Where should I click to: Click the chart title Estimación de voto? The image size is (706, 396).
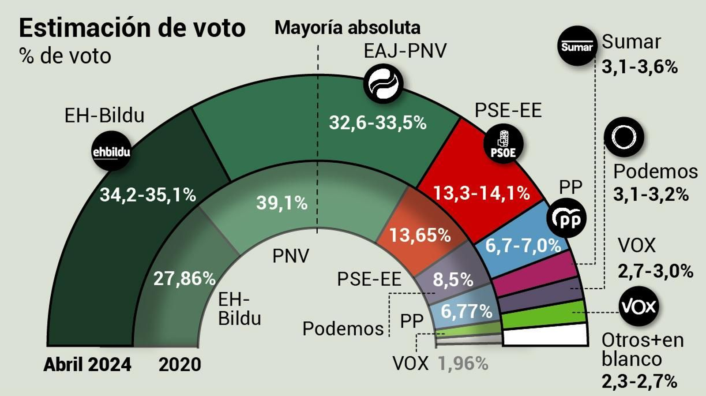click(x=132, y=28)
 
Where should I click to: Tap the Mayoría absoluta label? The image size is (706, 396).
click(x=347, y=28)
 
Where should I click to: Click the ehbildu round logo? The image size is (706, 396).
click(x=111, y=151)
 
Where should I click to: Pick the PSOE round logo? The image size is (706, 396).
click(x=503, y=144)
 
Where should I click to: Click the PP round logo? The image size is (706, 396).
click(x=566, y=218)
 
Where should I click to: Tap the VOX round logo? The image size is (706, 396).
click(x=638, y=306)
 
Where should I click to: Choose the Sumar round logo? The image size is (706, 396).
click(x=577, y=46)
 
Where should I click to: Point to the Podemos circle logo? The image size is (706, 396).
click(x=623, y=137)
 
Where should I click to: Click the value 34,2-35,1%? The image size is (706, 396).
click(x=147, y=194)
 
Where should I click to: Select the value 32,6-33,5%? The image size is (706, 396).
click(x=378, y=123)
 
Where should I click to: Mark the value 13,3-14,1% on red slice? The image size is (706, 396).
click(x=481, y=193)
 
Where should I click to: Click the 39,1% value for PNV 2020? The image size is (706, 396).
click(x=282, y=203)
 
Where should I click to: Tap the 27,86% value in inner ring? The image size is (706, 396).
click(x=184, y=279)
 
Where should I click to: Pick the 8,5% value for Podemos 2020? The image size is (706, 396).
click(x=453, y=280)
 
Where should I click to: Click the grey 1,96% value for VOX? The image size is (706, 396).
click(x=463, y=364)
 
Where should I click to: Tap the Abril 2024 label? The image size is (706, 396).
click(x=87, y=365)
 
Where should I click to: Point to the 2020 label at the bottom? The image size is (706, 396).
click(x=180, y=365)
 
